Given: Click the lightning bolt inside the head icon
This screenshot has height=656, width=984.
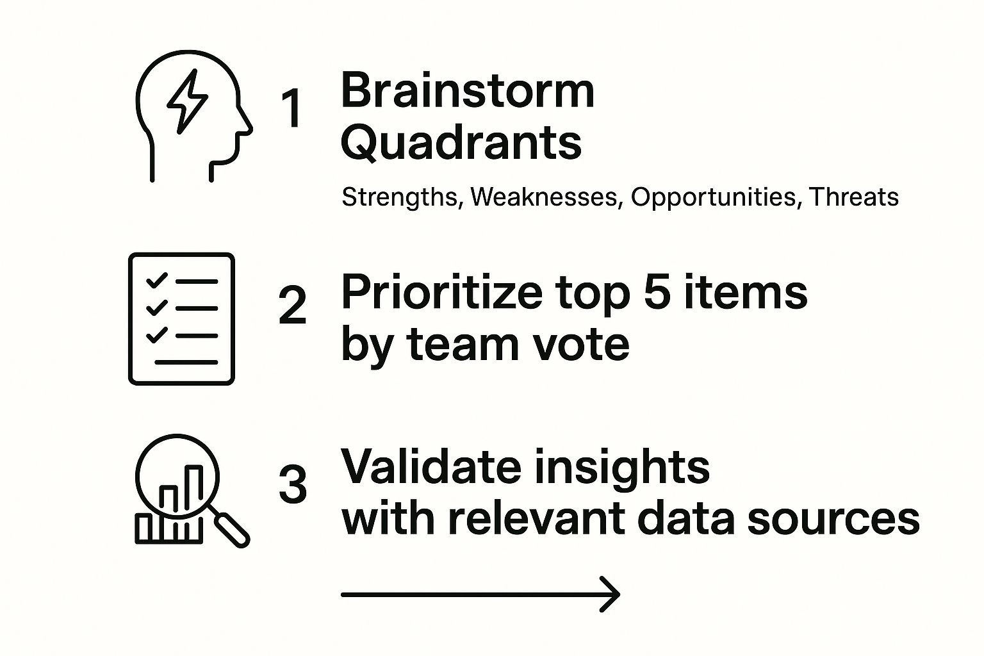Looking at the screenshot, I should pos(187,102).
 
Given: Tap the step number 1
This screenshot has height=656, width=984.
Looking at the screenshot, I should pos(292,108).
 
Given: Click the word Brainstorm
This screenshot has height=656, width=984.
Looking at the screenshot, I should pos(468,91).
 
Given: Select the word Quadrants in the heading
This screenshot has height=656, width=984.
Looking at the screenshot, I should pos(461,143).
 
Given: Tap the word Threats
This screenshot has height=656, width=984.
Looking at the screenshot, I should pos(854,197).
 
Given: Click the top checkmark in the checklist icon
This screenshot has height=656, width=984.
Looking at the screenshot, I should pos(157,281).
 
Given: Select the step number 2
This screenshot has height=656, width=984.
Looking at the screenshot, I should pos(292,306).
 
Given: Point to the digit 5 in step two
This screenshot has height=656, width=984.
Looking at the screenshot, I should pos(656,292).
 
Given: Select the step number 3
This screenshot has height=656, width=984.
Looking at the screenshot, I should pos(292,484).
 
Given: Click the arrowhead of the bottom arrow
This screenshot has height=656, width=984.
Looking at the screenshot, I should pos(612,594).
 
